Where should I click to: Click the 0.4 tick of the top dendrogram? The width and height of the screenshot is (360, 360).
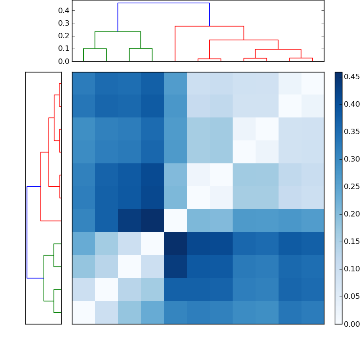64,10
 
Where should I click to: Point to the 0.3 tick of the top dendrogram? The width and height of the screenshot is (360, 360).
64,23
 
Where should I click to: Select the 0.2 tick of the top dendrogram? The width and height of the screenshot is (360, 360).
64,36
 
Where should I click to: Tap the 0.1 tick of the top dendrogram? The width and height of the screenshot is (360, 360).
64,48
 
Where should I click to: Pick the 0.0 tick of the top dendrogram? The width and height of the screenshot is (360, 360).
64,61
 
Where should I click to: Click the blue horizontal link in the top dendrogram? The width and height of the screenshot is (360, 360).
163,3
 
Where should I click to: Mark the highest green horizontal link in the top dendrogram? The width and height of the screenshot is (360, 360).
118,31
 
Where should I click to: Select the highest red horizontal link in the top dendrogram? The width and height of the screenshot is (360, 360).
209,26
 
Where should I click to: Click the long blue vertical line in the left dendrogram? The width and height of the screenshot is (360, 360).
27,232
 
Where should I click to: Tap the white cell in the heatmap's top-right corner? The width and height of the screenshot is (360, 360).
312,83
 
